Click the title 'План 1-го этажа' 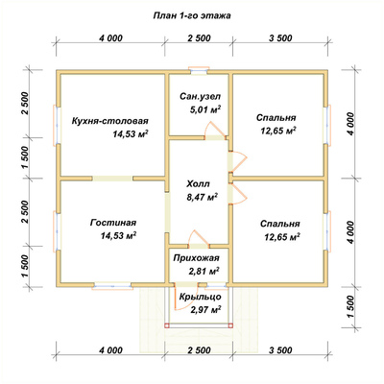192,16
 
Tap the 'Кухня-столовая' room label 110,121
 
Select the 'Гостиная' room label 113,223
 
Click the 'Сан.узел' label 200,96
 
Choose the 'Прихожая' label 197,258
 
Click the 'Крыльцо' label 200,297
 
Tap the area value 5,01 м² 205,109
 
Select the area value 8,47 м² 202,197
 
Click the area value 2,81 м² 204,272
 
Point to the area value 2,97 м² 206,310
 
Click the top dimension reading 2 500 199,38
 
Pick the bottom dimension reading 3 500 280,350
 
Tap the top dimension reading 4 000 110,38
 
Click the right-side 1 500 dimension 350,307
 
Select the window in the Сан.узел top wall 199,70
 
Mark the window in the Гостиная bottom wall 112,286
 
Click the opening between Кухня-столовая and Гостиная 112,179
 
